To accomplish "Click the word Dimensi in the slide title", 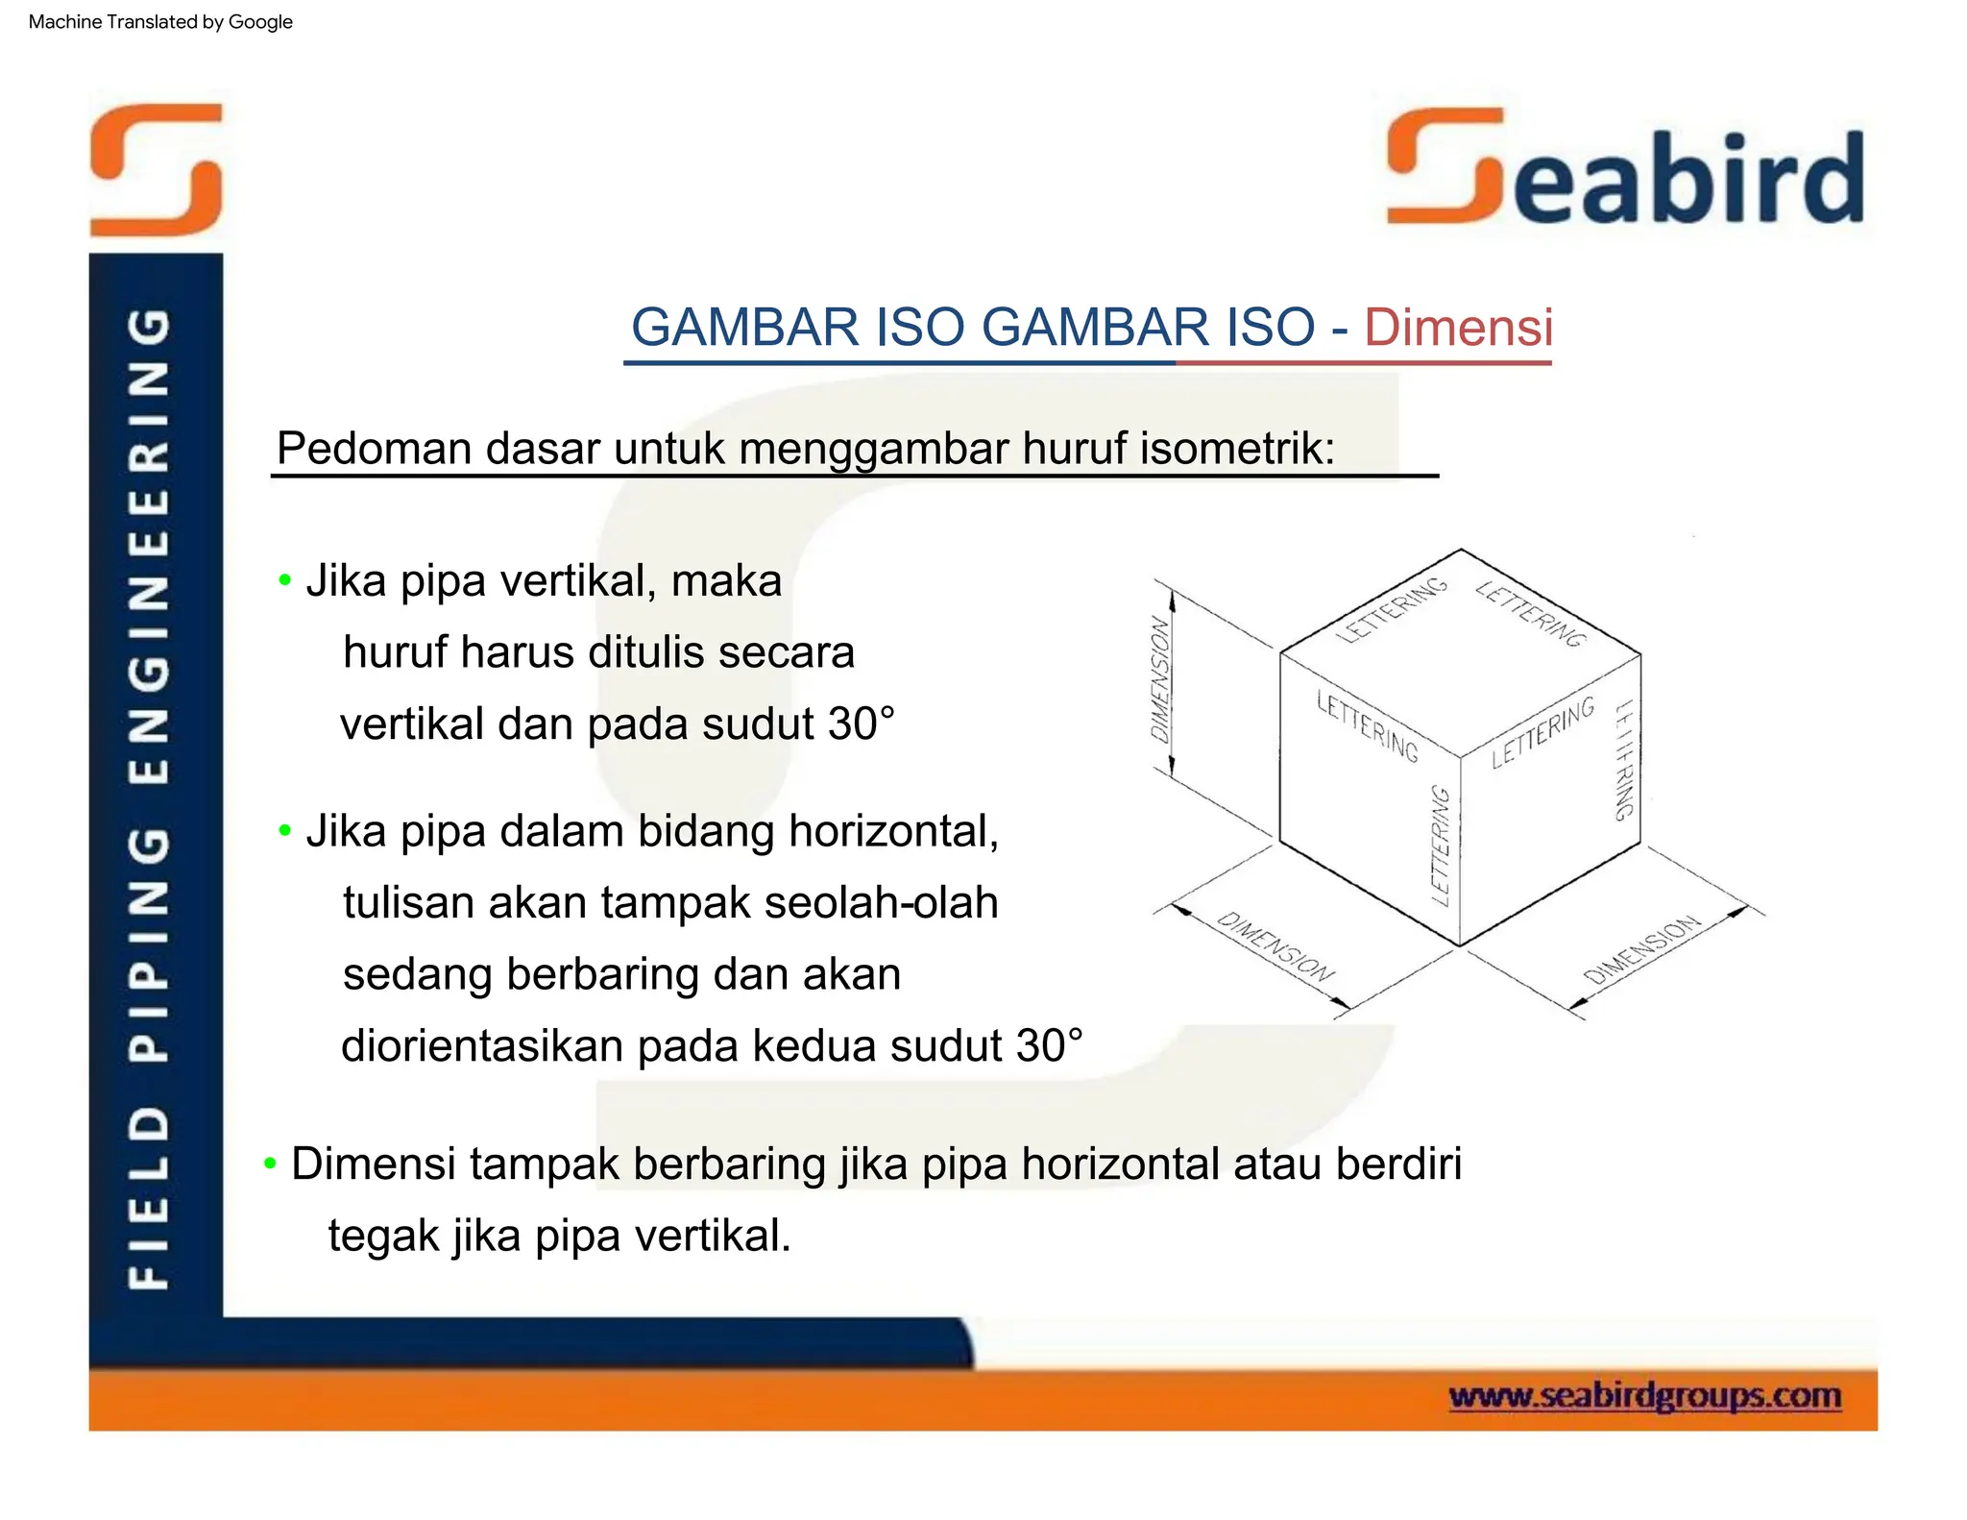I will click(x=1457, y=328).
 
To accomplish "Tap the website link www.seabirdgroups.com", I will click(x=1644, y=1395).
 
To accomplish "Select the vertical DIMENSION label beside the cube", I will click(x=1161, y=678).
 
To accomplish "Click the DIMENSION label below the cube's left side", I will click(x=1275, y=947).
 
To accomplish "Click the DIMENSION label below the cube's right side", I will click(x=1641, y=950).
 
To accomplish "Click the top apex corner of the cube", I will click(x=1461, y=550).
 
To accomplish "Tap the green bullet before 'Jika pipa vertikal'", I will click(x=284, y=580).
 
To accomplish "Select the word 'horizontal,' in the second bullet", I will click(x=894, y=831).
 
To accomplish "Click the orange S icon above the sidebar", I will click(x=157, y=169).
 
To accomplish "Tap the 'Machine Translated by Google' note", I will click(x=160, y=22).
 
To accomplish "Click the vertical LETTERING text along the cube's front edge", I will click(x=1440, y=846).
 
